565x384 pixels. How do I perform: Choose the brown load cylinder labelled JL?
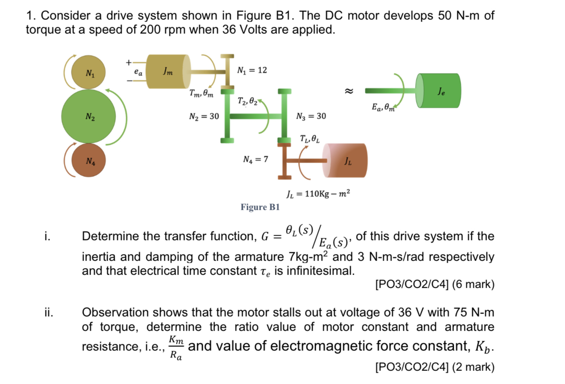[346, 161]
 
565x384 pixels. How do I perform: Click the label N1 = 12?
[252, 70]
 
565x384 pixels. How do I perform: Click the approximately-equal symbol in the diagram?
[349, 91]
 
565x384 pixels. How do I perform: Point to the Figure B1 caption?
[260, 207]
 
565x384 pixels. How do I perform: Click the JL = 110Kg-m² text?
[318, 194]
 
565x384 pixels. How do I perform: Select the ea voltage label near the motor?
[138, 73]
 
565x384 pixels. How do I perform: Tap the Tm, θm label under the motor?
[201, 93]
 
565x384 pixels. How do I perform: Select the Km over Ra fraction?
[177, 348]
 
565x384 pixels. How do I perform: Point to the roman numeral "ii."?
[49, 313]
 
